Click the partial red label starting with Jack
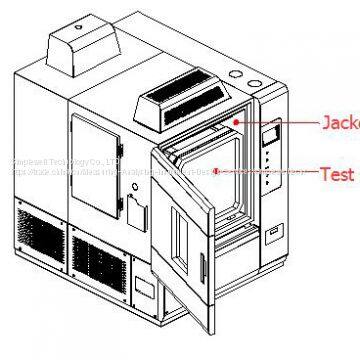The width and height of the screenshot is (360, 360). pyautogui.click(x=339, y=125)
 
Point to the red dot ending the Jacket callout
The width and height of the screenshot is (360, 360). pyautogui.click(x=235, y=123)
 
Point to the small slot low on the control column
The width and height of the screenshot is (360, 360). pyautogui.click(x=273, y=234)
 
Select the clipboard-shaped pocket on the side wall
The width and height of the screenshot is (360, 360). pyautogui.click(x=136, y=208)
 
